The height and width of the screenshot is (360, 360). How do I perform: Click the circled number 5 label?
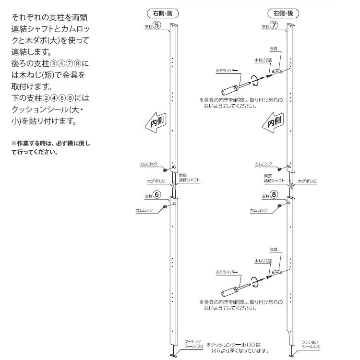click(x=156, y=26)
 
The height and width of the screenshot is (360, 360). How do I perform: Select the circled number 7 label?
click(x=274, y=26)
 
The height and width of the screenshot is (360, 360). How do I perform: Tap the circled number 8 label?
click(x=274, y=195)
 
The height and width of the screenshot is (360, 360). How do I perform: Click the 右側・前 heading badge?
click(x=156, y=13)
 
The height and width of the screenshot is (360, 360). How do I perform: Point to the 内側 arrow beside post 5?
click(x=156, y=122)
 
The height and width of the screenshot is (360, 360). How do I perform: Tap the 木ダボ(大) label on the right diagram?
click(x=307, y=181)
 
